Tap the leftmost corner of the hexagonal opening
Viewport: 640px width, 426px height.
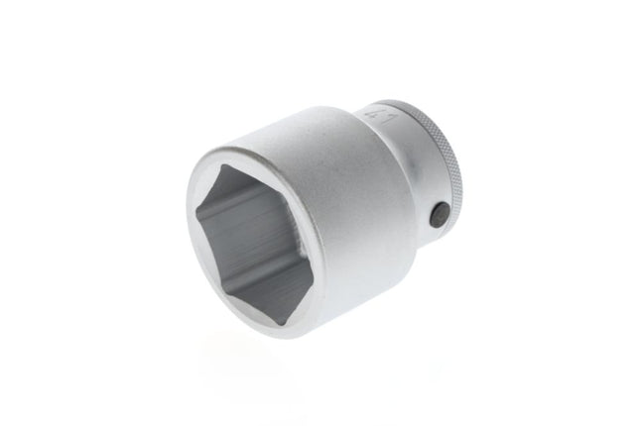[196, 212]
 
